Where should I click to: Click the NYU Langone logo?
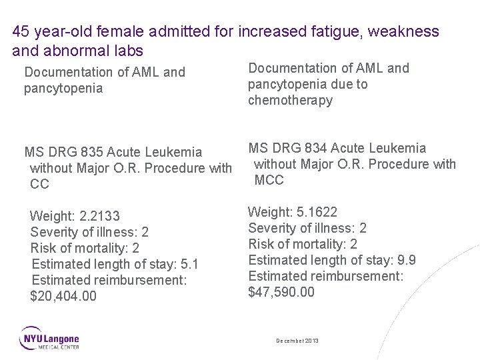point(49,338)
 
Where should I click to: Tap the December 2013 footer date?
point(297,341)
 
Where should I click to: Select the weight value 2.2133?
point(99,216)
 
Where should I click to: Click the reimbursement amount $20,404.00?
point(63,296)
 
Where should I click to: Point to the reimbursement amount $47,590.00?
point(281,292)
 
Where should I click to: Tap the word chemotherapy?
point(290,100)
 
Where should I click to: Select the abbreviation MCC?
point(269,180)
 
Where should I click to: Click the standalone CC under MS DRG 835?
point(39,184)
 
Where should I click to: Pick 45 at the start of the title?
point(21,31)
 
